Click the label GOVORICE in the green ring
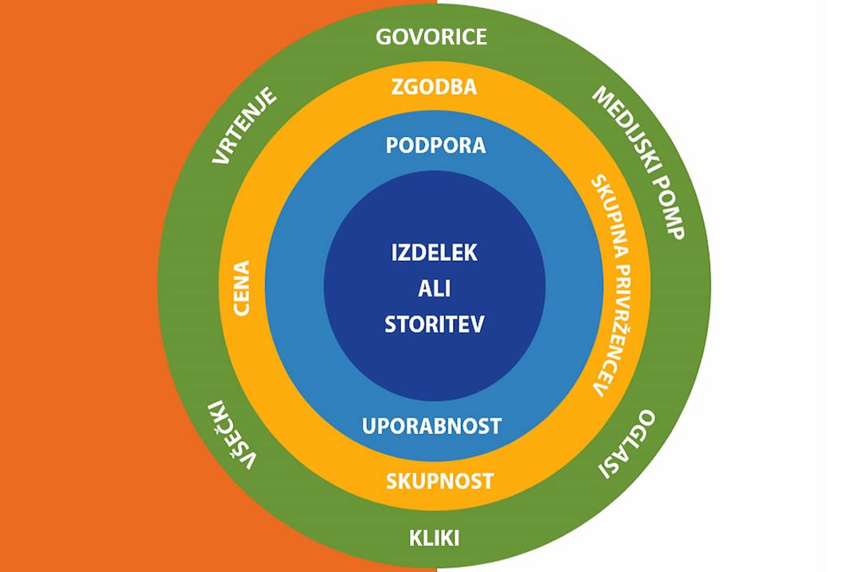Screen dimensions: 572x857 click(x=431, y=37)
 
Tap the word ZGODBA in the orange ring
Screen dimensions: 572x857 click(x=434, y=87)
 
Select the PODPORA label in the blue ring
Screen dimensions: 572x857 click(x=436, y=145)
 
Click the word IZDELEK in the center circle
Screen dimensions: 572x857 click(x=434, y=253)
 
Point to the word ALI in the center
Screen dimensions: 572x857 click(x=434, y=288)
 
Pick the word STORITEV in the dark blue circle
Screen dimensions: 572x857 click(x=434, y=324)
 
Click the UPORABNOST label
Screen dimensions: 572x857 click(x=431, y=426)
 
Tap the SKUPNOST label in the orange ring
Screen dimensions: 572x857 click(x=439, y=481)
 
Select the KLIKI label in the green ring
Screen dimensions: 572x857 click(x=434, y=538)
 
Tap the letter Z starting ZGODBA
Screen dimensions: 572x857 click(x=397, y=87)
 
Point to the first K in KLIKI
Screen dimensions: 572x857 click(x=416, y=538)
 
